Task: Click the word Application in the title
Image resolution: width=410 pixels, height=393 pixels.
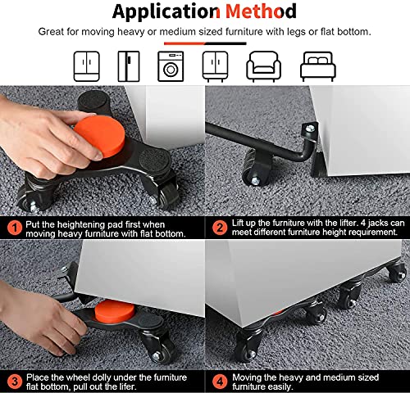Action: click(x=166, y=12)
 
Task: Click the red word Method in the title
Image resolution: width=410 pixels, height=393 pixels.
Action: click(x=261, y=11)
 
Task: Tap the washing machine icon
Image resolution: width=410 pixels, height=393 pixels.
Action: click(x=171, y=66)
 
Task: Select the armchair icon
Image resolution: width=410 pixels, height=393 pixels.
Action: click(x=263, y=66)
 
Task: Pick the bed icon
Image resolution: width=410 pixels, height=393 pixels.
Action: click(x=318, y=66)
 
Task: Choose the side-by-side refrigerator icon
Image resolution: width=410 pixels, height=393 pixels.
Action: click(x=129, y=66)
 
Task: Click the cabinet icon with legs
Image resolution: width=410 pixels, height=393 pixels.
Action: click(x=215, y=66)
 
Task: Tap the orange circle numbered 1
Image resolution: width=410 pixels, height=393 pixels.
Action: click(x=15, y=228)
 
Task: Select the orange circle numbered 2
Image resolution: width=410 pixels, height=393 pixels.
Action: click(x=220, y=228)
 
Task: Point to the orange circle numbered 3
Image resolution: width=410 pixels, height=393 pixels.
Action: click(x=15, y=382)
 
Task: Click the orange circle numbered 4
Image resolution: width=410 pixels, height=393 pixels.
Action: click(x=220, y=382)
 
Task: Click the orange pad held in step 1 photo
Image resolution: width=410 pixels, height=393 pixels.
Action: click(x=100, y=136)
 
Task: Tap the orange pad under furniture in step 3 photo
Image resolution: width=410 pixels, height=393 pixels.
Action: click(x=115, y=311)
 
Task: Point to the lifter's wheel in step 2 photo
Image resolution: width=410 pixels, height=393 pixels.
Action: click(x=257, y=169)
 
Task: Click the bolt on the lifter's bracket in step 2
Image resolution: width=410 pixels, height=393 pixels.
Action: click(x=310, y=129)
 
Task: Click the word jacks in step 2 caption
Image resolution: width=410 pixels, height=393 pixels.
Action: click(x=378, y=223)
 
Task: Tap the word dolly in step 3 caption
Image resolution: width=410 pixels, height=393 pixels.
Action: click(x=101, y=377)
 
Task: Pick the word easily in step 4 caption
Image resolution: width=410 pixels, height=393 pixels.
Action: click(x=279, y=387)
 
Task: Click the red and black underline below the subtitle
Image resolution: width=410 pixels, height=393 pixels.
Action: click(x=205, y=43)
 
